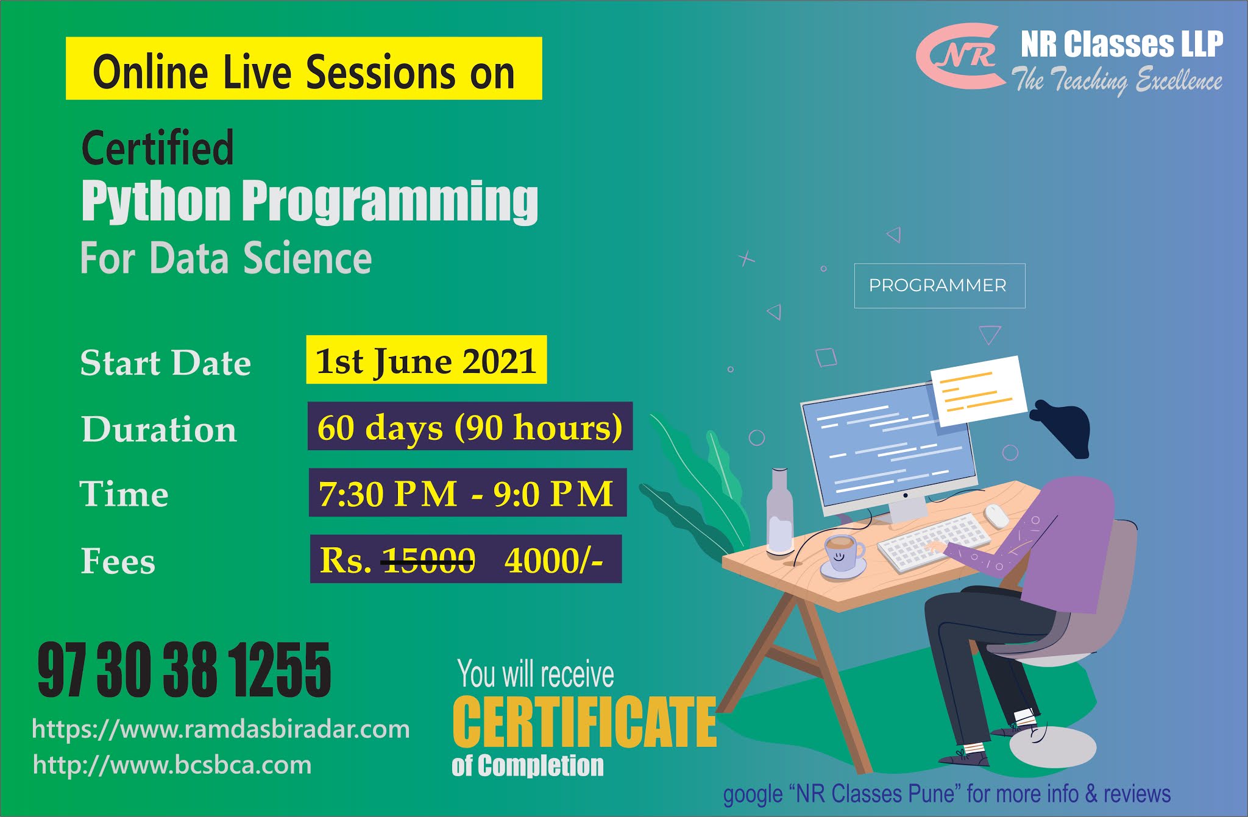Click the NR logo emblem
[960, 57]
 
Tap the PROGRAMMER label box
[939, 286]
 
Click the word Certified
[157, 147]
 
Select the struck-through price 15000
[428, 560]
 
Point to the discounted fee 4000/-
[553, 560]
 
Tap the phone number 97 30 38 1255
[184, 670]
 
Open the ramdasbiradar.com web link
[221, 729]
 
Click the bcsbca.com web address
[172, 765]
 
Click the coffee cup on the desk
[843, 554]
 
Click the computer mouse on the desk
[997, 515]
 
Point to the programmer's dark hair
[1062, 426]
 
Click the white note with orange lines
[979, 390]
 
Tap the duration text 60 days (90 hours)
[470, 426]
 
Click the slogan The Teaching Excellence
[1117, 80]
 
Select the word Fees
[118, 561]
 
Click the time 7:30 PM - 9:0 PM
[466, 493]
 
